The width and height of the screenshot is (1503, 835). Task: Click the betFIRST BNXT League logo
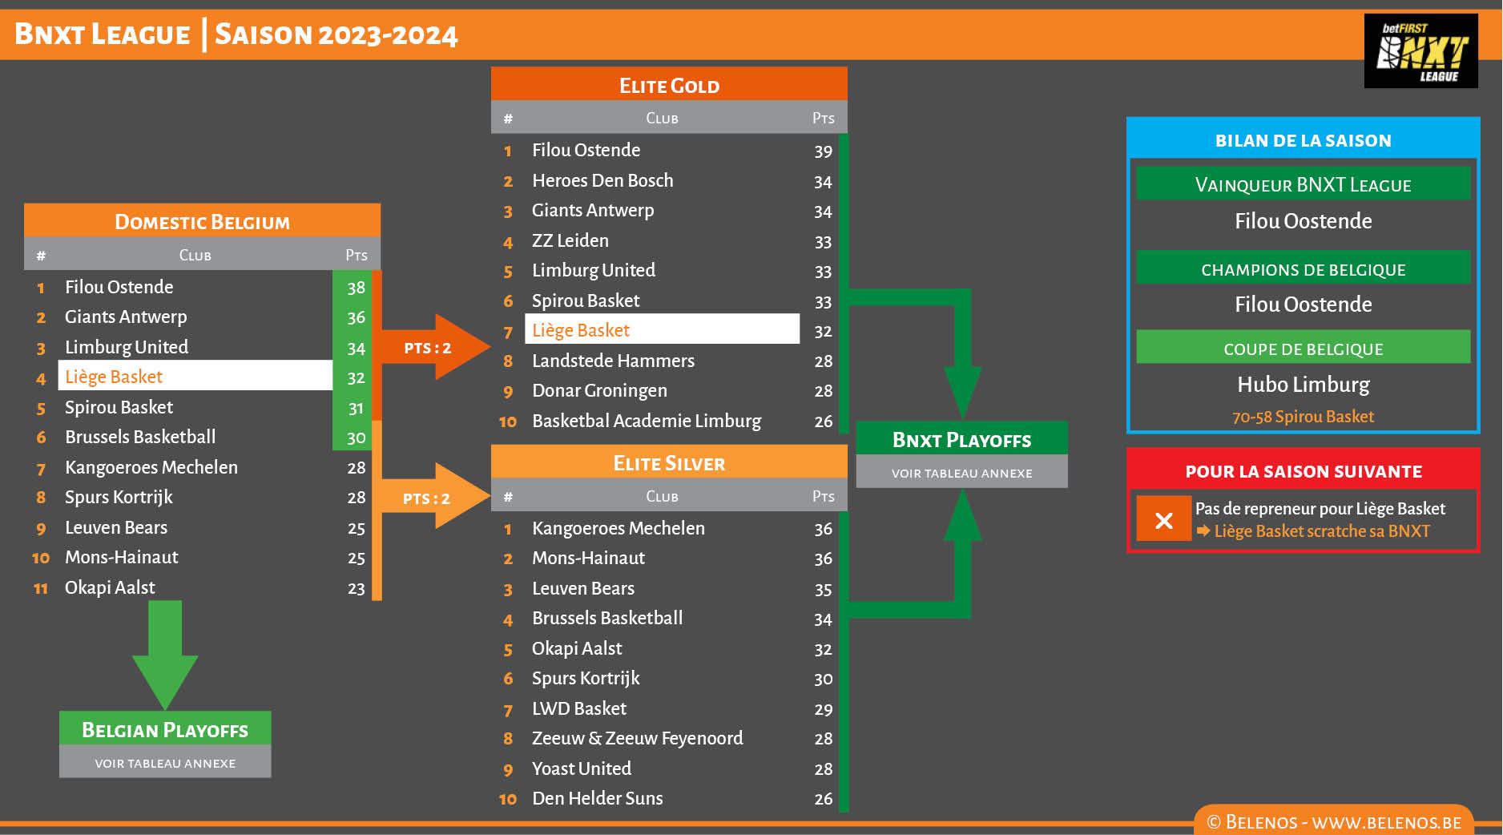click(1420, 51)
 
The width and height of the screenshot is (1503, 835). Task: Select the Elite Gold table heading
click(669, 85)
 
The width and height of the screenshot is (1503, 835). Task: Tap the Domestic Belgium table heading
click(202, 221)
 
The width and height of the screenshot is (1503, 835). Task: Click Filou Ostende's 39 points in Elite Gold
click(823, 151)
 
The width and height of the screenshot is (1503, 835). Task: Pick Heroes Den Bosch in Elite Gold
click(602, 181)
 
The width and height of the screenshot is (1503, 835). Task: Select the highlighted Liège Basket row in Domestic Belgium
click(195, 377)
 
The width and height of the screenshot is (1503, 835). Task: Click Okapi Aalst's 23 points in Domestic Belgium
click(356, 589)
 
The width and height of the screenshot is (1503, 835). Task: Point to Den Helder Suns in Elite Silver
click(597, 799)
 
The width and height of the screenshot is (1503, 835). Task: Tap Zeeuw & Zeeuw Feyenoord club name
click(637, 739)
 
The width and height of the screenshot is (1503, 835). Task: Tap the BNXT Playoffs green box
click(961, 439)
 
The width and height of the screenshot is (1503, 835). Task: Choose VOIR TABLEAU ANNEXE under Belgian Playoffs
click(165, 763)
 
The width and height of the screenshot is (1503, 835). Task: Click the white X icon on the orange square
click(1163, 520)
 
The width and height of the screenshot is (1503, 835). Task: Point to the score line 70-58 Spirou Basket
click(1303, 417)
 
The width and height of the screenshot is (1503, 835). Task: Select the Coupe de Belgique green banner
click(1303, 349)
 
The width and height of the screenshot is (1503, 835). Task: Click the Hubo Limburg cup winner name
click(1303, 385)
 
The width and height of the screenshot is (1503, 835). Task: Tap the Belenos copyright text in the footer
click(1333, 822)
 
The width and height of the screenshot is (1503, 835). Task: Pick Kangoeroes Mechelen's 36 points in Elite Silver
click(823, 530)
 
